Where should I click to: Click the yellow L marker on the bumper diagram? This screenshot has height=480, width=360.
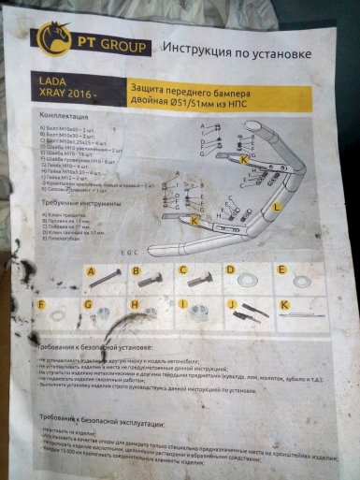click(277, 204)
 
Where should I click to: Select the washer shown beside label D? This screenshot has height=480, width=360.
click(250, 278)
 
